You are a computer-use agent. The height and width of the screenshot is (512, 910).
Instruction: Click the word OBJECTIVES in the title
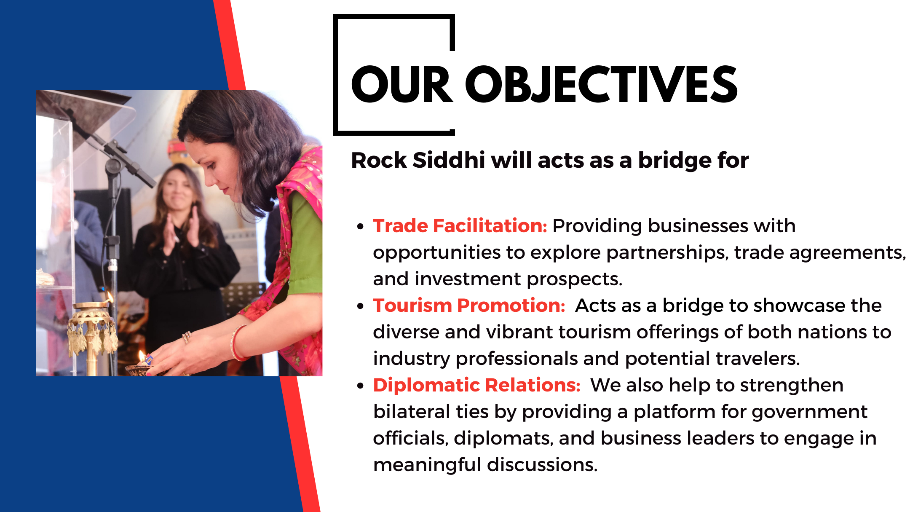click(602, 84)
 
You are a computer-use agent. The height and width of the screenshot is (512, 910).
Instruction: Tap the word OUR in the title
click(402, 84)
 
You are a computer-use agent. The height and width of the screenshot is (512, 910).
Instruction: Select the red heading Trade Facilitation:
click(460, 226)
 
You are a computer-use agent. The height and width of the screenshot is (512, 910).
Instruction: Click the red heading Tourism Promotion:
click(469, 306)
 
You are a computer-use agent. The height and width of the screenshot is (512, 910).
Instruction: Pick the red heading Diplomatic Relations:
click(477, 385)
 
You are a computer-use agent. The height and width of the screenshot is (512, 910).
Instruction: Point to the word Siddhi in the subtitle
click(449, 160)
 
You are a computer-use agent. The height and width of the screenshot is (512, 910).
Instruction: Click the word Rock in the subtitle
click(379, 160)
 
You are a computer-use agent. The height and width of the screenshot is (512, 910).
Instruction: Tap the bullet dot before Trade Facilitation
click(360, 227)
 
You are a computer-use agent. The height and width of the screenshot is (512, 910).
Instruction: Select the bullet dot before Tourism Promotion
click(360, 306)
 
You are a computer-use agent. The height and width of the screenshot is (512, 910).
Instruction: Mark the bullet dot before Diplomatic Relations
click(360, 386)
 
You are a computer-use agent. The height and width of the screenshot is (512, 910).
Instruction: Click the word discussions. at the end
click(542, 465)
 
